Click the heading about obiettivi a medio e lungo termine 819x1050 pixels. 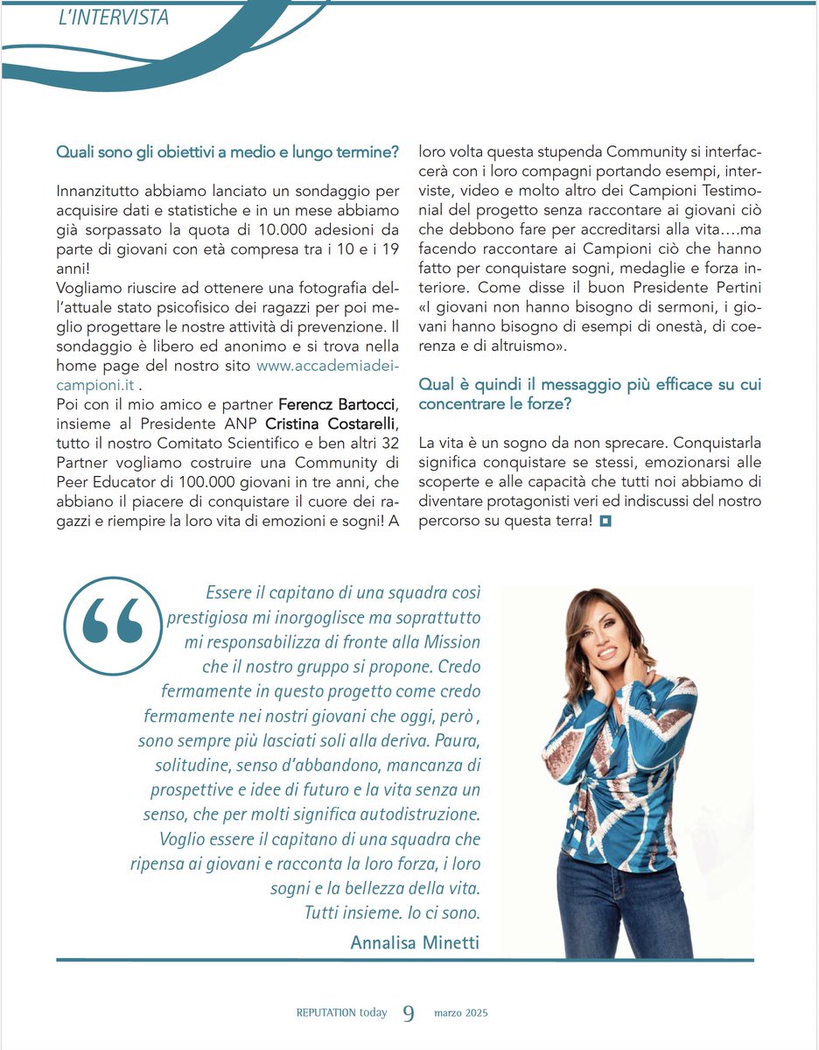point(227,152)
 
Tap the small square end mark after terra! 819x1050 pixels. point(605,522)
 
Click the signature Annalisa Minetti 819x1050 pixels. point(415,941)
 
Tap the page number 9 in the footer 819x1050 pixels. point(409,1013)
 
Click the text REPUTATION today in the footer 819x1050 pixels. point(341,1013)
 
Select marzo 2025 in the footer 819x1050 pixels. point(461,1013)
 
